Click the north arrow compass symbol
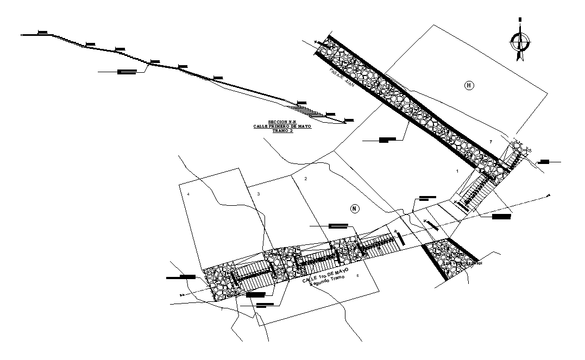point(520,40)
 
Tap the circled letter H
point(469,85)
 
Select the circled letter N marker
point(354,209)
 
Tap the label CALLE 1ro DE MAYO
point(325,274)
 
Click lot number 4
point(188,194)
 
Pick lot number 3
point(259,194)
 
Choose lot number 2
point(306,179)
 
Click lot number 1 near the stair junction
point(457,171)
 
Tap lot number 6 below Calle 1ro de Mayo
point(357,276)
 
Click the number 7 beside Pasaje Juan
point(490,141)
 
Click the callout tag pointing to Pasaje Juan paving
point(387,140)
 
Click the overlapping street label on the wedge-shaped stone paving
point(463,263)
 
